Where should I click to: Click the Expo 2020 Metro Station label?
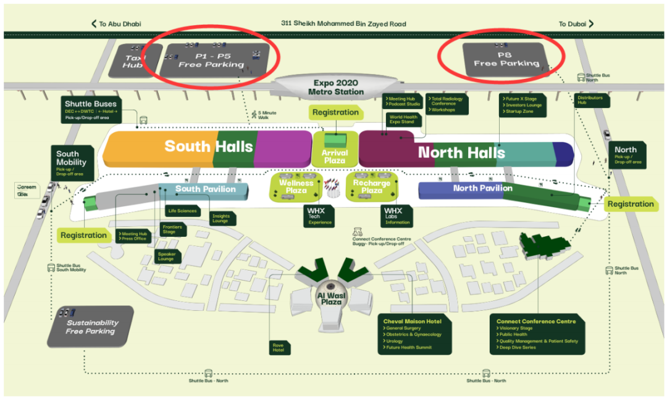pos(335,88)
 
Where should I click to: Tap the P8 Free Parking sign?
pos(506,59)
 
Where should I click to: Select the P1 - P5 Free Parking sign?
pos(211,60)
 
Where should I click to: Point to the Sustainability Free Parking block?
pos(91,327)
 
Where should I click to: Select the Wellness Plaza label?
pos(296,187)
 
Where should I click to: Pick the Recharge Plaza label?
pos(371,187)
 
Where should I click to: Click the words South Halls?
pos(208,146)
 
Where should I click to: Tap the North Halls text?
pos(461,152)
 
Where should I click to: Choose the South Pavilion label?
pos(205,189)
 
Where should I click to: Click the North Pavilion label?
pos(482,188)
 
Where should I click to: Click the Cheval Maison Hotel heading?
pos(412,322)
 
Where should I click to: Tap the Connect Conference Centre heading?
pos(536,321)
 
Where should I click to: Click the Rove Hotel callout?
pos(278,348)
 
